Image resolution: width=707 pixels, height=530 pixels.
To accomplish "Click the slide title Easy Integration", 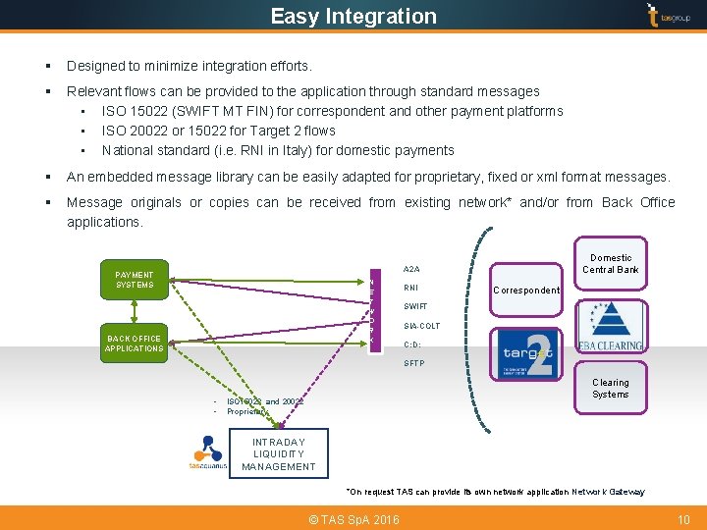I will tap(353, 16).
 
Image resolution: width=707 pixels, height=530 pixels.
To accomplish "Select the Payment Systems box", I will tap(135, 280).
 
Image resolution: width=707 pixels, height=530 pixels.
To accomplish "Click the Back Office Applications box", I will tap(135, 344).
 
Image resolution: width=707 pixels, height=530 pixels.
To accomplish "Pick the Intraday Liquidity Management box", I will tap(279, 454).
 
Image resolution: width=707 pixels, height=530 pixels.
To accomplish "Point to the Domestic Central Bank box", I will tap(610, 263).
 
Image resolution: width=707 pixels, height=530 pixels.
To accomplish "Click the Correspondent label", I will tap(526, 291).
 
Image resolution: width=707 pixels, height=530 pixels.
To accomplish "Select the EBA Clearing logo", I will tap(610, 327).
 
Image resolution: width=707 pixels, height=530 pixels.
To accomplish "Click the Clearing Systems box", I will tap(610, 389).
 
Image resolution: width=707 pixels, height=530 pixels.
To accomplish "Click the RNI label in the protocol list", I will tap(411, 289).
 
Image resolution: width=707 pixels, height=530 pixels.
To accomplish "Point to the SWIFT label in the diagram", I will tap(416, 307).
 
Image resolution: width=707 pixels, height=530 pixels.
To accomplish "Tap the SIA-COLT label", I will tap(422, 326).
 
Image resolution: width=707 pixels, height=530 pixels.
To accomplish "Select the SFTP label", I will tap(415, 364).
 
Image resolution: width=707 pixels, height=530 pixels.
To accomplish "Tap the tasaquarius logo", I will tap(208, 454).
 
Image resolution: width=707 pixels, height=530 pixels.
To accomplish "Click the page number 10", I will tap(683, 518).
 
